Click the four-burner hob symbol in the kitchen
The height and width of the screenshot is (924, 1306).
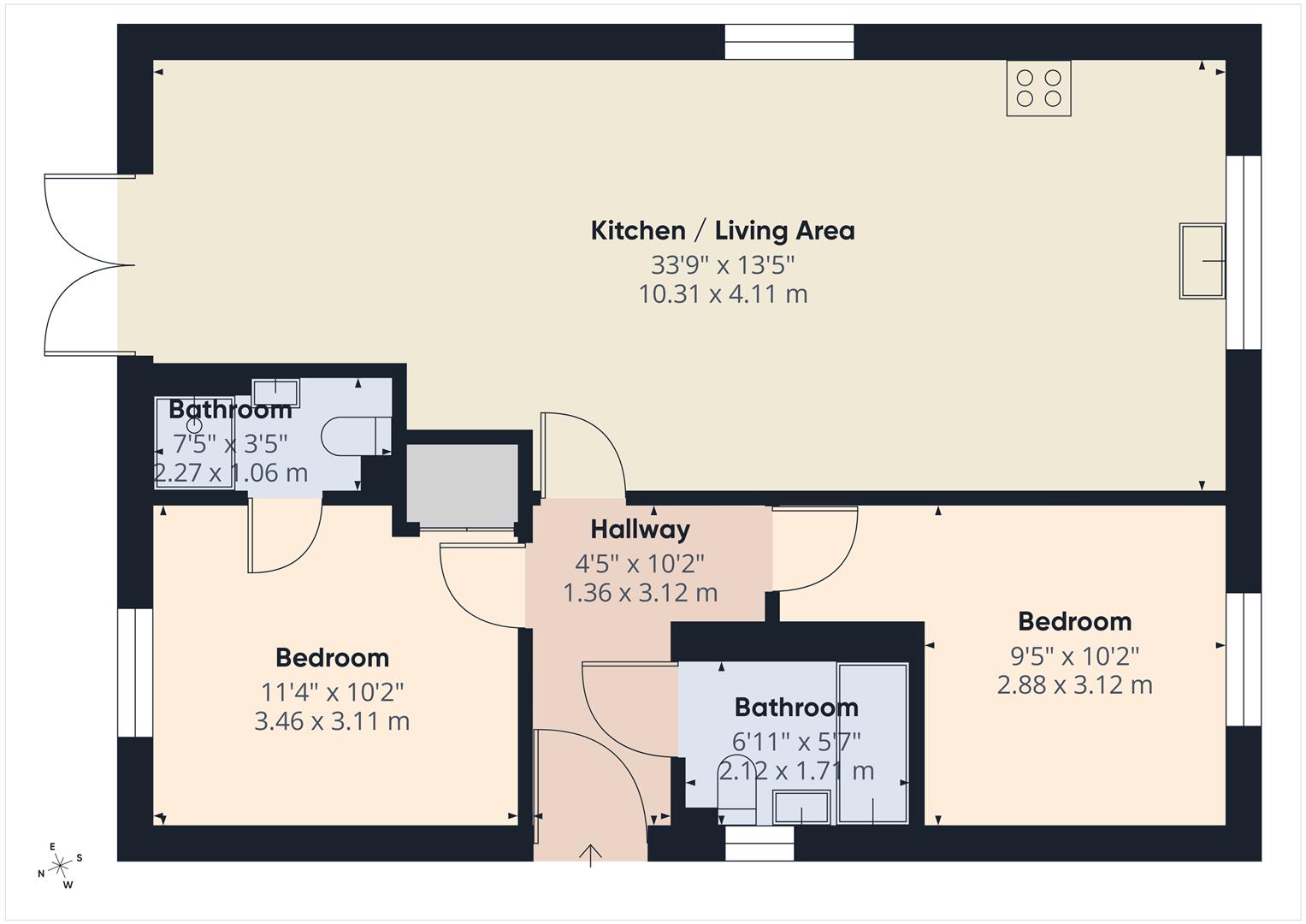click(x=1038, y=88)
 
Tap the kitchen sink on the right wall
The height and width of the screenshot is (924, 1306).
click(x=1202, y=260)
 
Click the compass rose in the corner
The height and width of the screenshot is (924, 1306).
click(x=60, y=866)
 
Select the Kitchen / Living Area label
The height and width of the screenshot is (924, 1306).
click(x=723, y=230)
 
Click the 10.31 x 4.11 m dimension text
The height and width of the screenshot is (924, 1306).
click(x=723, y=294)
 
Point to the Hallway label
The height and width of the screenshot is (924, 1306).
click(x=640, y=530)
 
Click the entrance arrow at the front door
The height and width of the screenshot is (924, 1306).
click(x=590, y=855)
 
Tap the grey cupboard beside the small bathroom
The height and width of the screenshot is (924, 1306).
click(x=462, y=483)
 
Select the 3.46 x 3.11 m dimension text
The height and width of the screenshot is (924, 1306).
click(x=332, y=721)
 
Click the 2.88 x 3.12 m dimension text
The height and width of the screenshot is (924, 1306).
click(x=1074, y=685)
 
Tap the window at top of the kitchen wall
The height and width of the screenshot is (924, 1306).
click(x=789, y=42)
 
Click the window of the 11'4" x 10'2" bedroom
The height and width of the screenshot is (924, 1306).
click(x=134, y=672)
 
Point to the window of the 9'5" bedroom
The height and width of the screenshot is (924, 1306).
click(x=1243, y=659)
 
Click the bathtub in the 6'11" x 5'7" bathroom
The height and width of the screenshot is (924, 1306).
click(x=872, y=743)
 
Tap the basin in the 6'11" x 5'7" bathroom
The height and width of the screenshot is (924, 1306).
click(x=801, y=808)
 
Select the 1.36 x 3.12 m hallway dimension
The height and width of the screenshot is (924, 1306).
click(x=640, y=593)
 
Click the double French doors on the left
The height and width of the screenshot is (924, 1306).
click(x=86, y=265)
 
